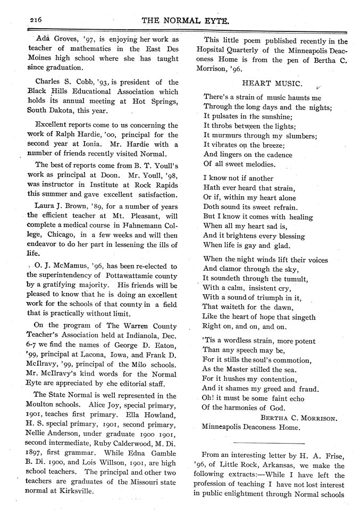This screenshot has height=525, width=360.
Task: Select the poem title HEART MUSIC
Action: [272, 84]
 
